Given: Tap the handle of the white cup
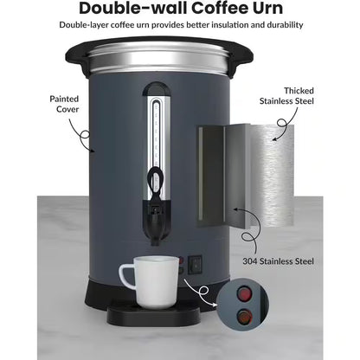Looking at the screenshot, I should coord(125,274).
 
